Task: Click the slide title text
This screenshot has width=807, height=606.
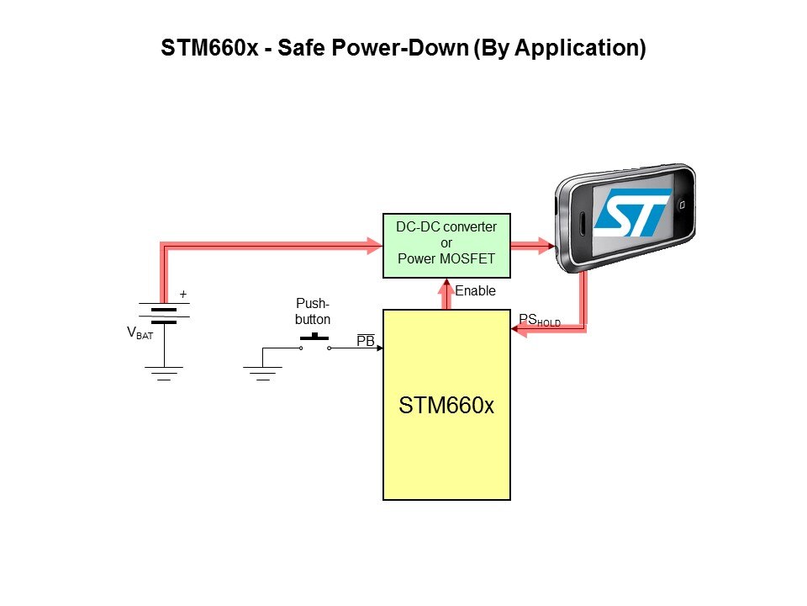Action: pos(403,49)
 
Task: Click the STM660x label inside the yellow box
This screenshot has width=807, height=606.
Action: pos(446,405)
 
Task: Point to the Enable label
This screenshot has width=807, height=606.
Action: pos(475,291)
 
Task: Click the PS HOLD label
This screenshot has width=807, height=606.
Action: pos(539,321)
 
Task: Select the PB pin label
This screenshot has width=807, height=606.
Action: pos(366,341)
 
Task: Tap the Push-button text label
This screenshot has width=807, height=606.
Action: pos(314,312)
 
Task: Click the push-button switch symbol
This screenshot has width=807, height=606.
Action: pos(314,341)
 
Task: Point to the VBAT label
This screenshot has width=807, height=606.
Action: pos(140,333)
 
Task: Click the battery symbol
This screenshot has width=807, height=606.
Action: pos(164,314)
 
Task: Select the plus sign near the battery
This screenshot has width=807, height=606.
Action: pos(183,295)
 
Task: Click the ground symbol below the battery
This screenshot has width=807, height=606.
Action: pos(164,372)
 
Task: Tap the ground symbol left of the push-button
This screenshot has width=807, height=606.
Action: pos(262,372)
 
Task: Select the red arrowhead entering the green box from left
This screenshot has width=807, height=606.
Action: pos(375,246)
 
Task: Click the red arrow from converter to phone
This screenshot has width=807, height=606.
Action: pos(531,246)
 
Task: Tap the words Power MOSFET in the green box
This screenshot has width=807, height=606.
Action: pos(446,259)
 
